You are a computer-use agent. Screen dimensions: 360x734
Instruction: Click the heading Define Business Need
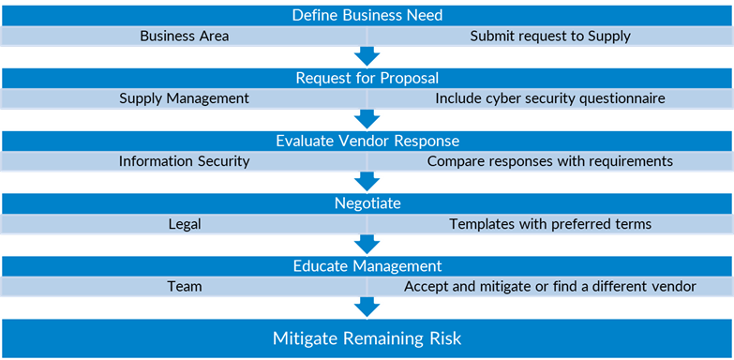tap(367, 15)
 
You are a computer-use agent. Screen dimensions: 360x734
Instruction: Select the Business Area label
tap(184, 37)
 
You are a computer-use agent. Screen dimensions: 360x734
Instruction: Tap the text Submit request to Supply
tap(550, 37)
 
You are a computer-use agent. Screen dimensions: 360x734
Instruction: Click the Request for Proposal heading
tap(367, 78)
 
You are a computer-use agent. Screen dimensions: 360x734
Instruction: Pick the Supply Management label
tap(184, 98)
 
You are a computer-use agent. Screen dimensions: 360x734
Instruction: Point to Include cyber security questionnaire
tap(550, 98)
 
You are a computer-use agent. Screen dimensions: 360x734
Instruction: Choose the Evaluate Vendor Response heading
tap(367, 141)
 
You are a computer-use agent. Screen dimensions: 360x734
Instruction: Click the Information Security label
tap(184, 161)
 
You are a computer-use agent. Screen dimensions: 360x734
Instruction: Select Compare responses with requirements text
tap(550, 161)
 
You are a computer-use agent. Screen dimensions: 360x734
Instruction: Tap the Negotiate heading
tap(367, 202)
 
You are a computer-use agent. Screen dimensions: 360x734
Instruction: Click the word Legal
tap(184, 224)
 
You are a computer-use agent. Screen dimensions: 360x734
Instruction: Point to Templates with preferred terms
tap(550, 224)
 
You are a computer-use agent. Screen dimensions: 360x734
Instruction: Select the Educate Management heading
tap(367, 265)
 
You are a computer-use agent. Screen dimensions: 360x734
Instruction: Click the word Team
tap(184, 287)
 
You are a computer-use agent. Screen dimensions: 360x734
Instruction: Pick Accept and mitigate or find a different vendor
tap(550, 287)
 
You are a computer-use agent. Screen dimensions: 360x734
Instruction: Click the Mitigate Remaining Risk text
tap(367, 338)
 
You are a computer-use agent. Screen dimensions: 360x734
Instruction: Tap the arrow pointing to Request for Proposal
tap(367, 56)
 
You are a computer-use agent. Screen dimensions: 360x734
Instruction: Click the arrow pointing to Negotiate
tap(367, 181)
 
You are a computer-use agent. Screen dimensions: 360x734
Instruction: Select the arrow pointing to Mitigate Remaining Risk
tap(367, 307)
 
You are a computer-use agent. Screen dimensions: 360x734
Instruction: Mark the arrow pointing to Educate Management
tap(367, 244)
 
